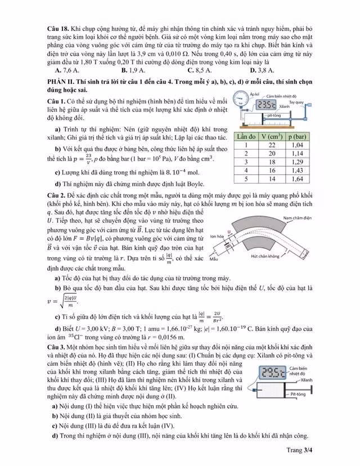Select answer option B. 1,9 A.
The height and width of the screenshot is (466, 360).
(133, 70)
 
